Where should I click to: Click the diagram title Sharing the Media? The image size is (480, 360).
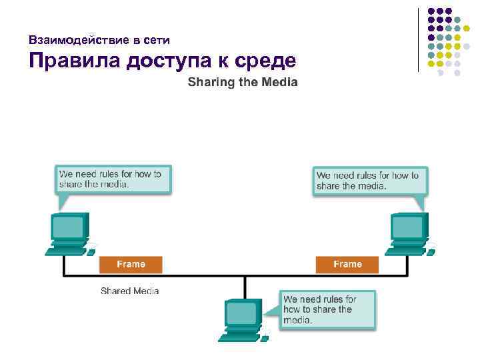243,83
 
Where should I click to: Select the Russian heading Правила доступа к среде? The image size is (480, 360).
162,62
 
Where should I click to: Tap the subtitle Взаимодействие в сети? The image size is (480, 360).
99,40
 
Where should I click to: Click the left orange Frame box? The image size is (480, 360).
131,265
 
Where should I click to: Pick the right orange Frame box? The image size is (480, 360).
347,265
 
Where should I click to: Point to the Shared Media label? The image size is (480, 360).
130,291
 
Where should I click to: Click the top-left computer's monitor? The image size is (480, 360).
69,228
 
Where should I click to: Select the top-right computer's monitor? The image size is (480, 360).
408,228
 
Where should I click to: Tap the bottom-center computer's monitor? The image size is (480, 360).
241,313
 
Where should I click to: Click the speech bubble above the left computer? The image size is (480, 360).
112,179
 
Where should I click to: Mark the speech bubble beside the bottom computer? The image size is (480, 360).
327,309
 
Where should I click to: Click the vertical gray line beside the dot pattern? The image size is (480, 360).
419,40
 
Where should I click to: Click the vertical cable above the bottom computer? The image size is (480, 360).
245,287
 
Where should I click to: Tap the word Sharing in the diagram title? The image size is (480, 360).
211,83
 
